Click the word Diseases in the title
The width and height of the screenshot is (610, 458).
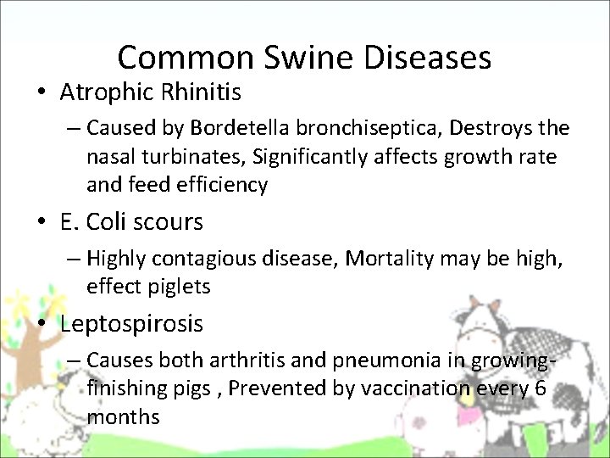(x=435, y=58)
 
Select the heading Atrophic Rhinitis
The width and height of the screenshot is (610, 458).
(x=151, y=90)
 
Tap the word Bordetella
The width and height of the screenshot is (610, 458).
(x=232, y=128)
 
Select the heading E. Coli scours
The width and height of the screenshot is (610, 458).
(x=131, y=222)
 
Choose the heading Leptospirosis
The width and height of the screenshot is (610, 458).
(x=131, y=323)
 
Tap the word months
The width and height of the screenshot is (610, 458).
(x=123, y=416)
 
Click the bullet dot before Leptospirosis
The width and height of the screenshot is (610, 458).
(x=42, y=324)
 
